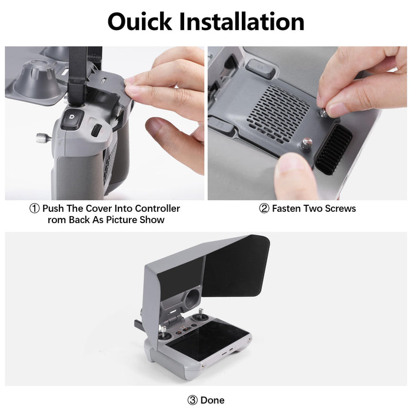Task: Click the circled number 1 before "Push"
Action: click(35, 208)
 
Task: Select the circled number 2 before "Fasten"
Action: click(264, 208)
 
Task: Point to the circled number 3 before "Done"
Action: click(192, 400)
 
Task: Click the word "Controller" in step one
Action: click(158, 208)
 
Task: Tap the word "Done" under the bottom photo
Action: click(212, 400)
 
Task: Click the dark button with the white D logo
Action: click(74, 115)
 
